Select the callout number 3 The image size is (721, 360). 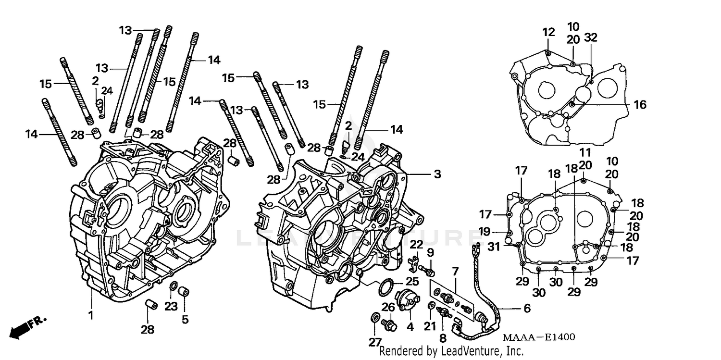click(x=436, y=174)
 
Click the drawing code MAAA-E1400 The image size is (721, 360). click(x=538, y=338)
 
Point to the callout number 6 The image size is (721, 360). click(x=526, y=308)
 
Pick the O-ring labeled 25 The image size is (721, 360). click(x=385, y=288)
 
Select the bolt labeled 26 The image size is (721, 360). click(x=390, y=326)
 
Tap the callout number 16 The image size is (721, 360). click(x=639, y=104)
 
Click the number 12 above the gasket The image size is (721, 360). click(x=548, y=33)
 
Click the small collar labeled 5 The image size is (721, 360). click(x=183, y=292)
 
